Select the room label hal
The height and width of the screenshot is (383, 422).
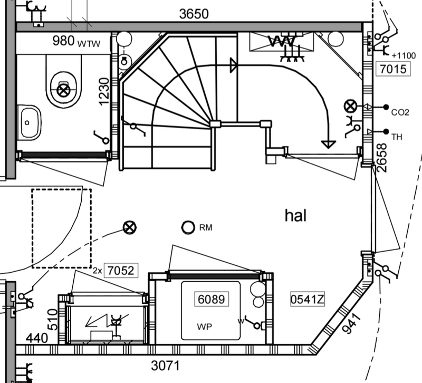(x=295, y=215)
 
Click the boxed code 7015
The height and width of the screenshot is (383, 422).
(x=391, y=68)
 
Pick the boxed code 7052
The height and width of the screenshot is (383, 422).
(x=121, y=271)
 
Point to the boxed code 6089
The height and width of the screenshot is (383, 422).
(x=211, y=300)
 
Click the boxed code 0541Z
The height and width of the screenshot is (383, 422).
(x=307, y=300)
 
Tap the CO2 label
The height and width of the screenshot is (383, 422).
(x=400, y=112)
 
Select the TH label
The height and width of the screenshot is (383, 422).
(x=397, y=137)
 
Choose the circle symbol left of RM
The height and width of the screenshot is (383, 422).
(x=188, y=228)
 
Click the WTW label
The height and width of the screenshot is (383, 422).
(x=89, y=43)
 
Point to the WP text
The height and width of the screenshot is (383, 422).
(x=205, y=327)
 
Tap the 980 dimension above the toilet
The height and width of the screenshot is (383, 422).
(x=63, y=41)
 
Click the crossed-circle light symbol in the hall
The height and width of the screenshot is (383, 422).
(x=129, y=228)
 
